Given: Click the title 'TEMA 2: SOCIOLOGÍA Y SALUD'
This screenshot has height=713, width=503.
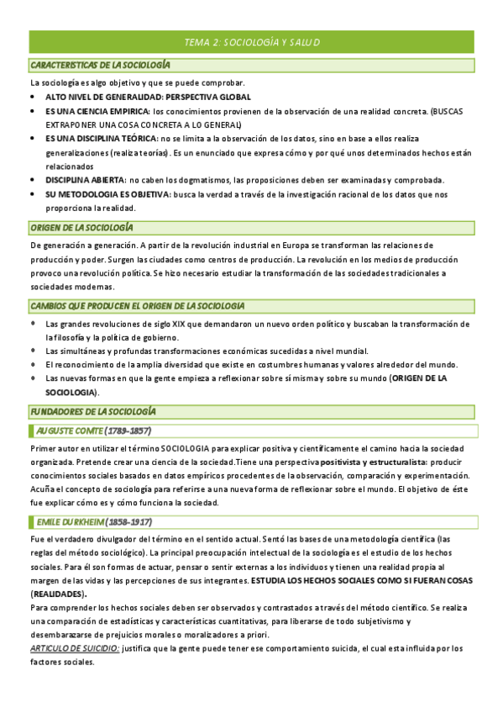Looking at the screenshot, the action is pyautogui.click(x=252, y=42).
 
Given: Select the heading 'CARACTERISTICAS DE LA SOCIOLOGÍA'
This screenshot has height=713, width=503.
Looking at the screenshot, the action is pyautogui.click(x=100, y=65).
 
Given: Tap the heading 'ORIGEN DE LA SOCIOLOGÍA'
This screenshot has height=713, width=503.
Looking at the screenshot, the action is pyautogui.click(x=81, y=228).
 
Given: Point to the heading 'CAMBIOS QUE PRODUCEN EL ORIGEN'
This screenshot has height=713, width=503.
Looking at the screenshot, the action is pyautogui.click(x=137, y=304).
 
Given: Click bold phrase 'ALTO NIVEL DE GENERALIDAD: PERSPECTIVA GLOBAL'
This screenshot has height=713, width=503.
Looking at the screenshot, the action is pyautogui.click(x=148, y=98).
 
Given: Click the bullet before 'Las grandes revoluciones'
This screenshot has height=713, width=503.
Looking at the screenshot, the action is pyautogui.click(x=33, y=324).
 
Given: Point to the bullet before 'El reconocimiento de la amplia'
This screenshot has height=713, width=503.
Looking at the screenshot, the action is pyautogui.click(x=33, y=365).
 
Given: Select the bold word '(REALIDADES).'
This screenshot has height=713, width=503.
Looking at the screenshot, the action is pyautogui.click(x=58, y=594).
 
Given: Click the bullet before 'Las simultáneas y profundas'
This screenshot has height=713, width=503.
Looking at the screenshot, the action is pyautogui.click(x=33, y=351).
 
